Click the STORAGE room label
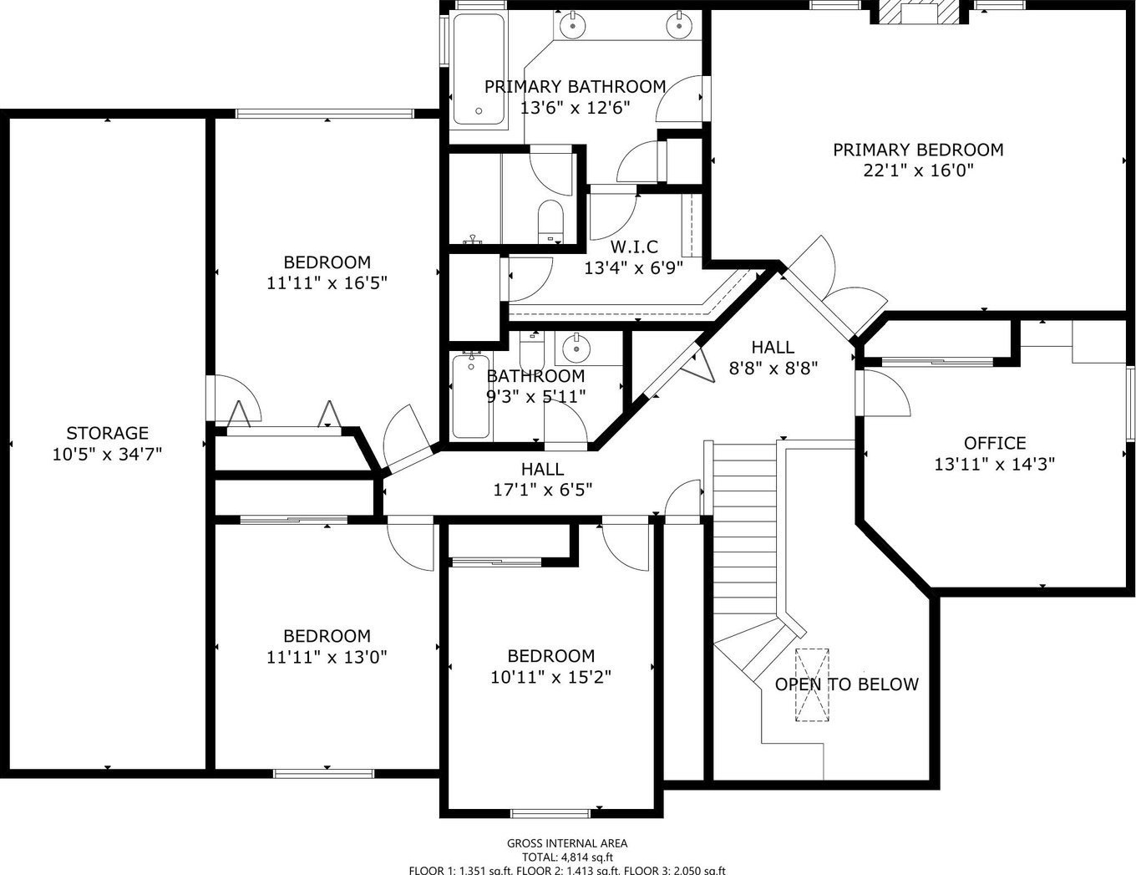(107, 433)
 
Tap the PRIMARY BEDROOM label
(918, 150)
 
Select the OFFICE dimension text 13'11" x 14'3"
(995, 464)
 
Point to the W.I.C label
(634, 247)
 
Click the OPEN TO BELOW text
(846, 684)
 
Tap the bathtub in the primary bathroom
(479, 69)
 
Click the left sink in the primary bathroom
(573, 23)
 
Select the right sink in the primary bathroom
(679, 23)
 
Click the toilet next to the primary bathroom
(550, 221)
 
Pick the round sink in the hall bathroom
(576, 348)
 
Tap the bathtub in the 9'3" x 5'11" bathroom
(471, 396)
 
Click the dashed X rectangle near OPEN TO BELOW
(812, 685)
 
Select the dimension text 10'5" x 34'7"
(107, 455)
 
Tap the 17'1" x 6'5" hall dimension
(543, 490)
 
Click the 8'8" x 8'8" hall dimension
(773, 369)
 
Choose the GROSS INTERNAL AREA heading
(567, 843)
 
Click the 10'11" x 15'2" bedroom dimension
(551, 677)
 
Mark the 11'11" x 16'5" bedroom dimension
(327, 283)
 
